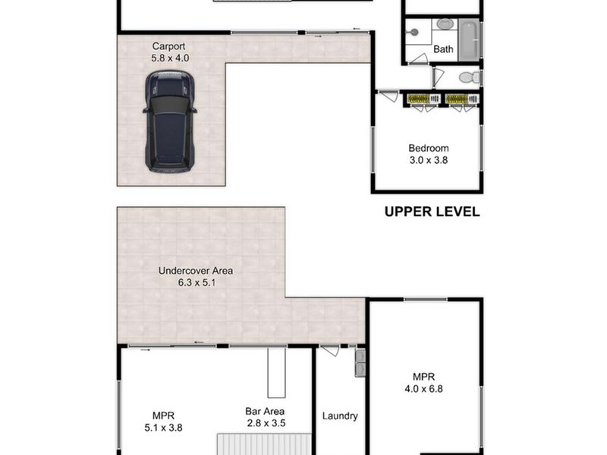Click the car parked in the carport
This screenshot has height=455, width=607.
click(169, 121)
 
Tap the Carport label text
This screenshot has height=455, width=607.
click(168, 46)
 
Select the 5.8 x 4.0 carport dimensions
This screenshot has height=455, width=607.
click(170, 58)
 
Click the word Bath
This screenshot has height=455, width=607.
click(443, 49)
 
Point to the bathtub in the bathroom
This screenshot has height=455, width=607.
click(470, 40)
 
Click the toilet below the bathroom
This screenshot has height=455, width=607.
click(470, 78)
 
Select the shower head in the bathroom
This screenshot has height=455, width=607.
click(414, 33)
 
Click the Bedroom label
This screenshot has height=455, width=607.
click(429, 148)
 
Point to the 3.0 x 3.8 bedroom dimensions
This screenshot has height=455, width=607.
click(429, 160)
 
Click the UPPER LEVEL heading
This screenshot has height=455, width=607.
click(432, 212)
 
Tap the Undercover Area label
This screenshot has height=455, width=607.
click(196, 271)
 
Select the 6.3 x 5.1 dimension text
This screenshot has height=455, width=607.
click(197, 283)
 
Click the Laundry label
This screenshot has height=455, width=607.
click(340, 416)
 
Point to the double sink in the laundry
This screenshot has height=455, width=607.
click(360, 362)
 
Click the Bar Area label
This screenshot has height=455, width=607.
click(265, 411)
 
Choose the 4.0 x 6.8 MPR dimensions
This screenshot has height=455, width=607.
click(423, 389)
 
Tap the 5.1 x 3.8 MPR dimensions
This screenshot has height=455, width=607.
click(163, 428)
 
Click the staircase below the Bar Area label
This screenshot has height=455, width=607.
click(264, 444)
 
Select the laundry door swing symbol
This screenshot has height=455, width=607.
click(330, 350)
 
